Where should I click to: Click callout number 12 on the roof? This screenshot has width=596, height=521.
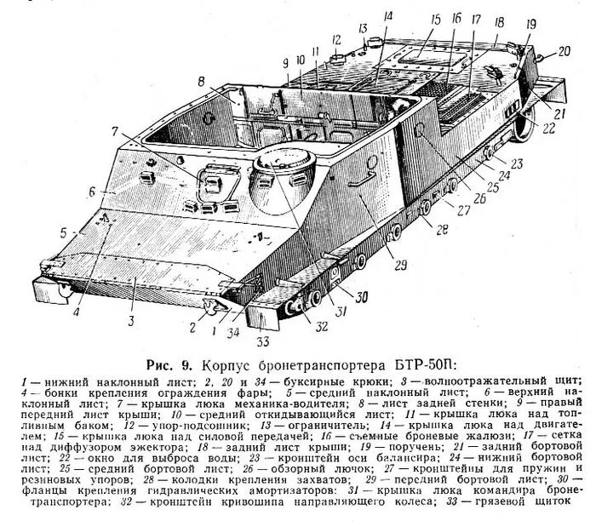coord(336,39)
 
